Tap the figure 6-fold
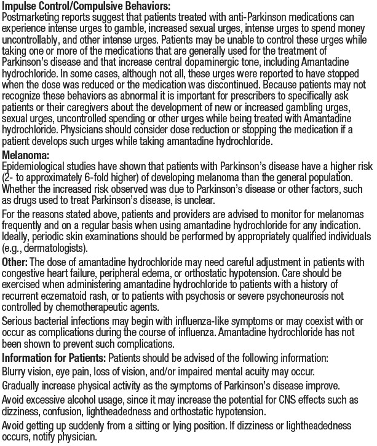(x=91, y=176)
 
